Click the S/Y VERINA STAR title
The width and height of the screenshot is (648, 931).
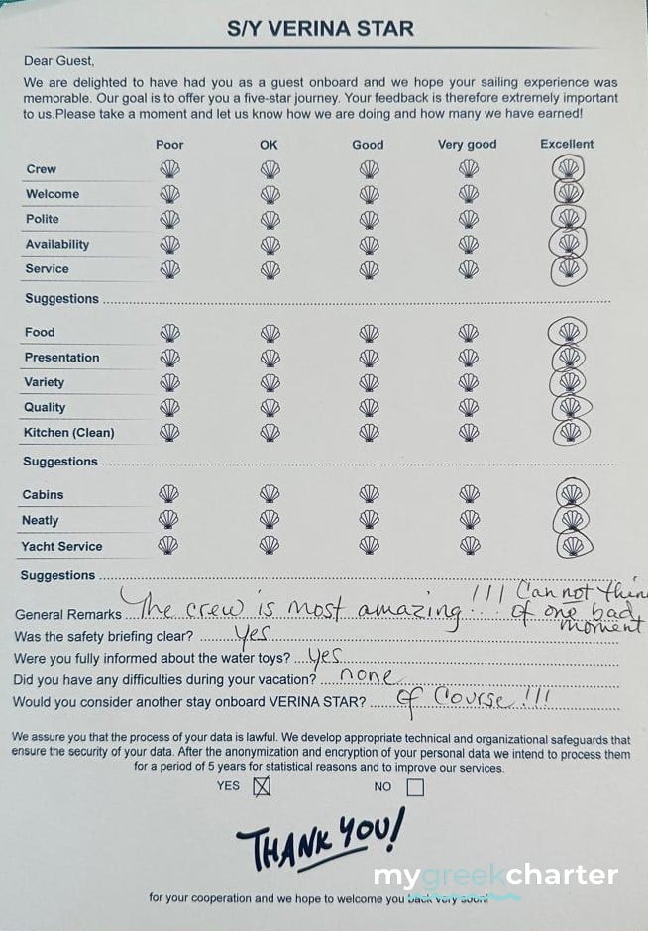click(320, 29)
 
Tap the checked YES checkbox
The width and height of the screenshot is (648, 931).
click(262, 787)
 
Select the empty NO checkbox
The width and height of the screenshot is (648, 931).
click(414, 787)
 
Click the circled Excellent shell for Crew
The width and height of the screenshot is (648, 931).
click(568, 168)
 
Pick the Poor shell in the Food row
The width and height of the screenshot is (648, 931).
click(169, 332)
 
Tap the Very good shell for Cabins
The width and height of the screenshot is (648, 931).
click(469, 493)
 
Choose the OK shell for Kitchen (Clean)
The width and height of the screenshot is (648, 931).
click(270, 432)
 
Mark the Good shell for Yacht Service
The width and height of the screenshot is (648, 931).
click(369, 545)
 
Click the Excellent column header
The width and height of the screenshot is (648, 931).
click(567, 144)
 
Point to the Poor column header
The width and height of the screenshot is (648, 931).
click(169, 144)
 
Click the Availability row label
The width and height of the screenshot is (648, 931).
click(56, 244)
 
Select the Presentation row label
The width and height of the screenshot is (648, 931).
click(61, 358)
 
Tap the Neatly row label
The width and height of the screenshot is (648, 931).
click(41, 520)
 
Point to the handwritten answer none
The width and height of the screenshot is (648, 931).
click(366, 675)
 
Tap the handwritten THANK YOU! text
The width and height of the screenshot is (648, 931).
click(320, 837)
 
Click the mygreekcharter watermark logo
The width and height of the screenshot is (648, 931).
click(495, 877)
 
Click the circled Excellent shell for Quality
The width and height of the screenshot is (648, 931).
click(569, 406)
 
